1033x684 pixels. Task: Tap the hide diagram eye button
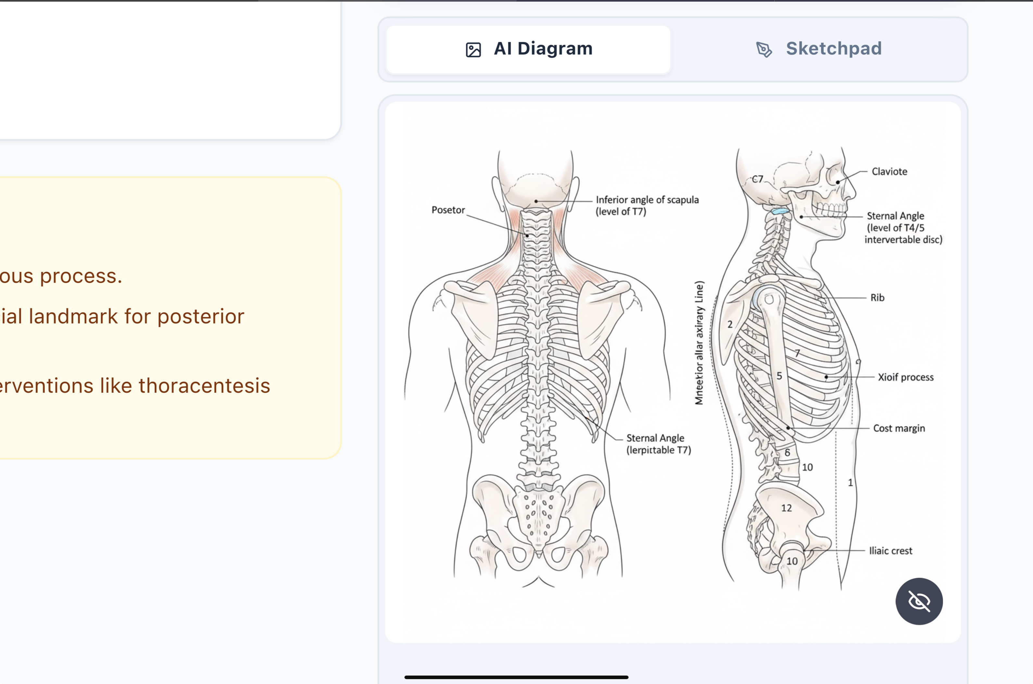tap(919, 601)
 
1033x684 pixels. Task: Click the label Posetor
tap(448, 210)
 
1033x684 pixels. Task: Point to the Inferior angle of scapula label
tap(647, 205)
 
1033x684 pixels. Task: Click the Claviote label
tap(889, 171)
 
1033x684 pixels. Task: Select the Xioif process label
tap(906, 377)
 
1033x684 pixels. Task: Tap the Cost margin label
tap(899, 428)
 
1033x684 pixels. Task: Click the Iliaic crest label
tap(890, 551)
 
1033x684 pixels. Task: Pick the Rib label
tap(877, 298)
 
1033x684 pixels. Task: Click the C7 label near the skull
tap(758, 179)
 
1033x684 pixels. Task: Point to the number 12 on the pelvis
tap(786, 508)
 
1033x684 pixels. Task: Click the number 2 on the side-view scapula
tap(730, 324)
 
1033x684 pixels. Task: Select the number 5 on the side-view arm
tap(779, 375)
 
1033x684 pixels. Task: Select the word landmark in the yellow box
tap(73, 316)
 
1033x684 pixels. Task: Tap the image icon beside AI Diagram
tap(473, 50)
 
